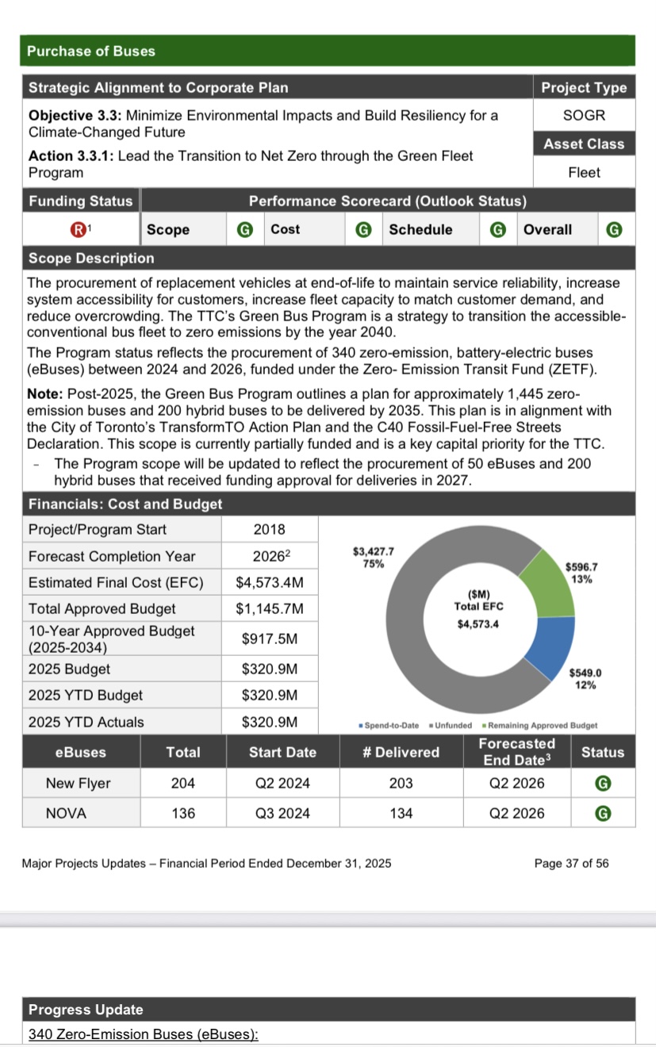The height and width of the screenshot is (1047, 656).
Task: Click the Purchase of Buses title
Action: click(x=91, y=51)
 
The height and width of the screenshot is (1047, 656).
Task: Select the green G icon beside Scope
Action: click(x=245, y=230)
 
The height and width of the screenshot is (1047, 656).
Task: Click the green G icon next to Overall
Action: click(x=613, y=230)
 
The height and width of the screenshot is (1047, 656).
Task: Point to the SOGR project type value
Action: click(x=584, y=115)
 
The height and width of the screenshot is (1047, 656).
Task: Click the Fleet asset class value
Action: click(x=584, y=172)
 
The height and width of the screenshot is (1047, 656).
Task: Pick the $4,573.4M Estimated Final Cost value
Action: click(x=270, y=583)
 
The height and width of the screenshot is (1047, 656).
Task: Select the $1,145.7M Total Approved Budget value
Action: click(x=270, y=609)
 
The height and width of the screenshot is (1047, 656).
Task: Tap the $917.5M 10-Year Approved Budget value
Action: click(x=270, y=639)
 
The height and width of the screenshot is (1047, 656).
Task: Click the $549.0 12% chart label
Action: click(x=586, y=679)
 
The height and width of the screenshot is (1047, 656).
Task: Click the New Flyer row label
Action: click(x=78, y=784)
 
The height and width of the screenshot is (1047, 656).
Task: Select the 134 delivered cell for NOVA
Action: click(x=401, y=813)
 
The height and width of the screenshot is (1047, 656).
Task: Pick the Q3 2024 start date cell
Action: click(x=282, y=813)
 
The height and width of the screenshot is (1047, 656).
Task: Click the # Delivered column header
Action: click(x=401, y=752)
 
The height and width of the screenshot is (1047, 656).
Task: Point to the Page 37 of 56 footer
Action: click(x=571, y=863)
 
